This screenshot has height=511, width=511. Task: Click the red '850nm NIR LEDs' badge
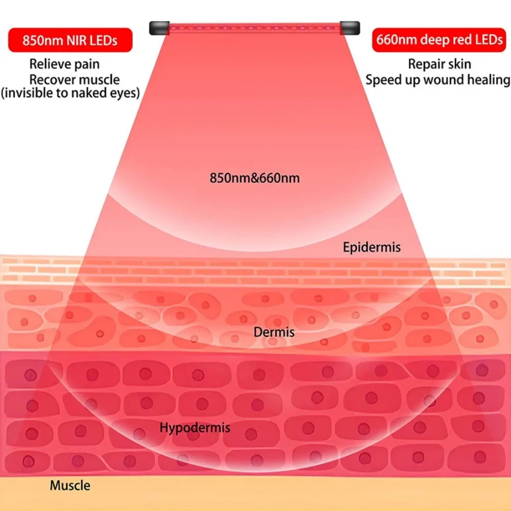point(70,40)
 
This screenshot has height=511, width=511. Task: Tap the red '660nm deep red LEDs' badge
point(439,40)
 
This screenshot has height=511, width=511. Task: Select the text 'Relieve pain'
point(64,64)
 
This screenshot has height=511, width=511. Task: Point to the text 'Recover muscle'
point(74,80)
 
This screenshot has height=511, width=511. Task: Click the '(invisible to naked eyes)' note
point(71,93)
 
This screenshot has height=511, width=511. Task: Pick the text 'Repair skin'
point(439,64)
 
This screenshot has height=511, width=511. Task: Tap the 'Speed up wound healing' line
point(438,80)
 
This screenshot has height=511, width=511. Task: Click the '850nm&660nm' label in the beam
point(254,178)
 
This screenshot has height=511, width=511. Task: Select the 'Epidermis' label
point(372,247)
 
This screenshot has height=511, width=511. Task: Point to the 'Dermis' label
point(274,332)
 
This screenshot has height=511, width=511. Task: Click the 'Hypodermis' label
point(195,428)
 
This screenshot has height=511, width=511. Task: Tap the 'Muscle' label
point(70,485)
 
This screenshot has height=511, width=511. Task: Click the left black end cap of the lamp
point(159,28)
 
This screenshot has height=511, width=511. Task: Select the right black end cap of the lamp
point(350,28)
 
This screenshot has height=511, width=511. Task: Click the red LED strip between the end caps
point(254,28)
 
